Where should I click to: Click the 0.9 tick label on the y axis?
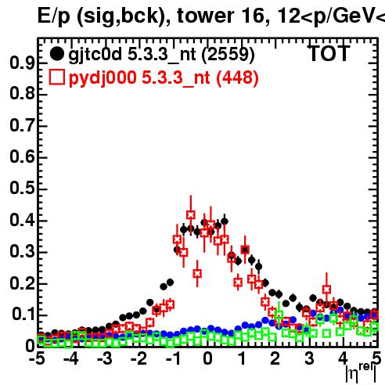[x=22, y=63]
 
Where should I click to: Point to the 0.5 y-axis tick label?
[x=22, y=188]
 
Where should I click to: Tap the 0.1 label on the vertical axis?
[x=23, y=314]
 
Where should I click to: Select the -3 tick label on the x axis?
[x=105, y=358]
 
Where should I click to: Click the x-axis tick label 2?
[x=275, y=358]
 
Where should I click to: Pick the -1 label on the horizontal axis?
[x=173, y=358]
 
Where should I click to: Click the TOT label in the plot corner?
[x=329, y=53]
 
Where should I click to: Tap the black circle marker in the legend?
[x=56, y=54]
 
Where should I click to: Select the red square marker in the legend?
[x=56, y=77]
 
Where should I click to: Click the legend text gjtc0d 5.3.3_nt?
[x=132, y=55]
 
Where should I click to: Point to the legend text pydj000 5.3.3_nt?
[x=139, y=77]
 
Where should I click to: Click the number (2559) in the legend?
[x=228, y=55]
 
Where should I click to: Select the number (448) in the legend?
[x=237, y=77]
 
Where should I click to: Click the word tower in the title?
[x=206, y=16]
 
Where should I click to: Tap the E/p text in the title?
[x=54, y=16]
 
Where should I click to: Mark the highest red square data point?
[x=191, y=214]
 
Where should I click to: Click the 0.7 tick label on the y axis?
[x=22, y=125]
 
